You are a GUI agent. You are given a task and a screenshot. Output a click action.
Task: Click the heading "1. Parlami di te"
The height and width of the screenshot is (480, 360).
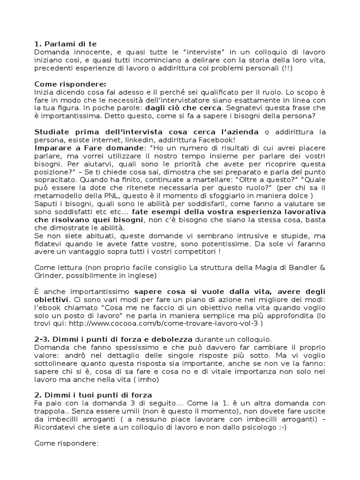66,44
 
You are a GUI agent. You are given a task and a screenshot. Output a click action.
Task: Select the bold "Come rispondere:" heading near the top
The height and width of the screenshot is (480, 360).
70,83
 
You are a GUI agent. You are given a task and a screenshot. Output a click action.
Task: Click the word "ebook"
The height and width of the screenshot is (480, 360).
48,307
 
